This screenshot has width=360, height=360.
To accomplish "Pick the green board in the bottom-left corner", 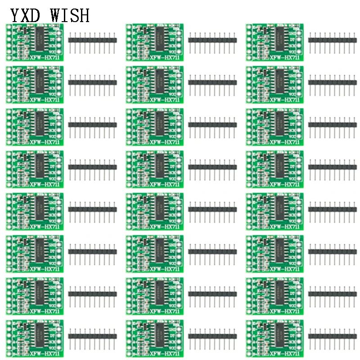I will pyautogui.click(x=35, y=338).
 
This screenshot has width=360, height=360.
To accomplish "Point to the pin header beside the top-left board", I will pyautogui.click(x=92, y=40).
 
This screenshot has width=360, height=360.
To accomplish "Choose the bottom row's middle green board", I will pyautogui.click(x=155, y=338).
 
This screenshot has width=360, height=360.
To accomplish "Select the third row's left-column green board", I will pyautogui.click(x=35, y=126).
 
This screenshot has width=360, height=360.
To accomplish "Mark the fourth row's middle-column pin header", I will pyautogui.click(x=212, y=167).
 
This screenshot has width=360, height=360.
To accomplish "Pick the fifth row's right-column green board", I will pyautogui.click(x=274, y=211).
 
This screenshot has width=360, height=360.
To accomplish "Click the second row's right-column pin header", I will pyautogui.click(x=333, y=82).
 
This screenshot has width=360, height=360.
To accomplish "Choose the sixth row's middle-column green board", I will pyautogui.click(x=155, y=253).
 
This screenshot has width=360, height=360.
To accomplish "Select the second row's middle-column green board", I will pyautogui.click(x=155, y=84).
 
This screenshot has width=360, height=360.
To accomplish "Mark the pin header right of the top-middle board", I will pyautogui.click(x=212, y=40).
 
